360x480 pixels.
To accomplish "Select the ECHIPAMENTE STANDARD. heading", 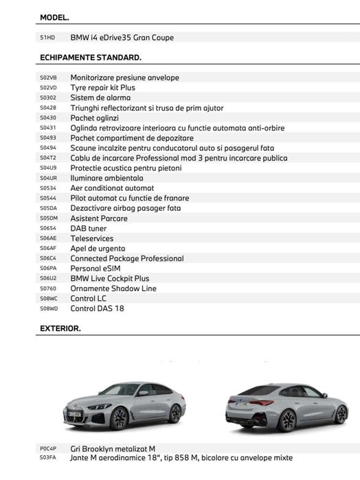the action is (91, 57).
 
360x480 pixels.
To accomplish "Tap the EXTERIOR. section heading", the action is (60, 328).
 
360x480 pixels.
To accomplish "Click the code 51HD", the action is (47, 38).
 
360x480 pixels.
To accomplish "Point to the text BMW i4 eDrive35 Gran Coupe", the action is (122, 38).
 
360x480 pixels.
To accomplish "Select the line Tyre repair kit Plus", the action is (103, 88).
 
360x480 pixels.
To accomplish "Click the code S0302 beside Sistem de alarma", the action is (48, 98).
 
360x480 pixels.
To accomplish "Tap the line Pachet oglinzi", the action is (94, 118).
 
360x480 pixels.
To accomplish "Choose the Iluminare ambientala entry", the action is (106, 178).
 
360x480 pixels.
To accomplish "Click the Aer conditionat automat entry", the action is (112, 188).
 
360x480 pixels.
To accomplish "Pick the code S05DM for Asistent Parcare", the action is (49, 218).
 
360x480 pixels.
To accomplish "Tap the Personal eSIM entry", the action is (97, 268).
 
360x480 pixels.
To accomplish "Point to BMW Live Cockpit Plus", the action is (110, 279).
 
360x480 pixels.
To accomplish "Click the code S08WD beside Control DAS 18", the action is (49, 309).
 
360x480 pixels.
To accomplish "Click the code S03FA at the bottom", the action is (48, 458).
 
